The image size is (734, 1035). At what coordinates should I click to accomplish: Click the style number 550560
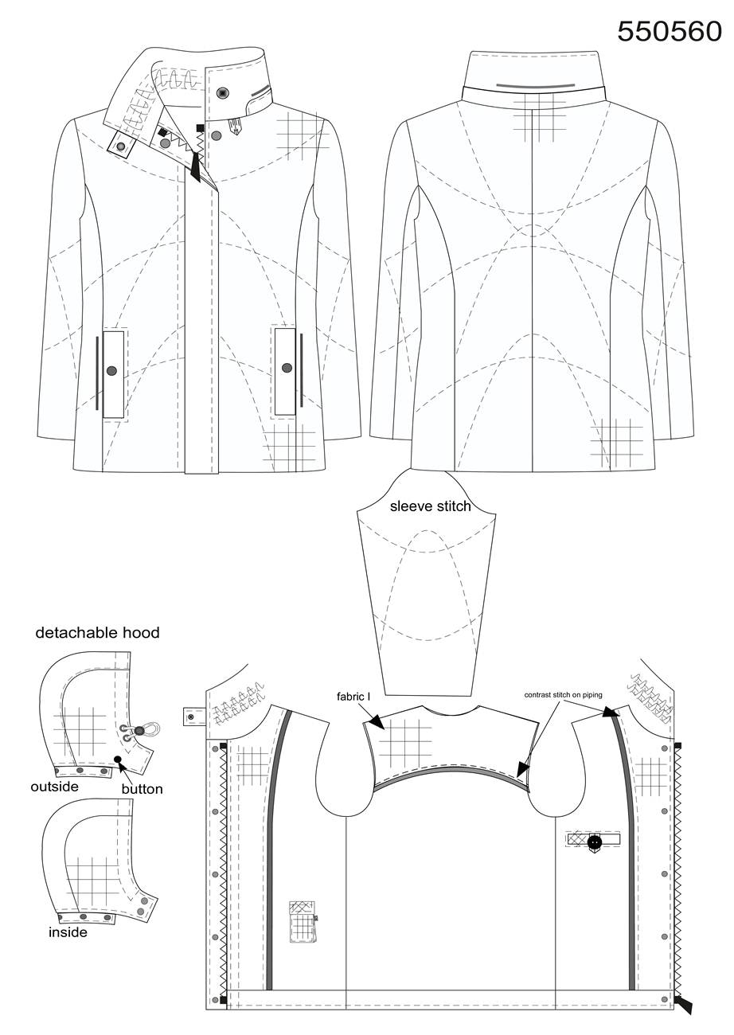[x=670, y=32]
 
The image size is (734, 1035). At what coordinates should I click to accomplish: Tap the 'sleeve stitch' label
[x=430, y=506]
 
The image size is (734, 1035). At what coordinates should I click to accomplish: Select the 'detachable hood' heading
[x=97, y=633]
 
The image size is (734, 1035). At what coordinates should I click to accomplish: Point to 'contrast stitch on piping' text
[x=563, y=694]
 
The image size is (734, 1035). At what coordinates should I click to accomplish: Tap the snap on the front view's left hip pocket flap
[x=111, y=370]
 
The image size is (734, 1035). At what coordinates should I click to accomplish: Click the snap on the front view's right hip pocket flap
[x=287, y=368]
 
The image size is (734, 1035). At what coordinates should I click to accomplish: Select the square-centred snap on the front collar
[x=223, y=93]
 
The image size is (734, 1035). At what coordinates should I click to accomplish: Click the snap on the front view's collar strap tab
[x=121, y=146]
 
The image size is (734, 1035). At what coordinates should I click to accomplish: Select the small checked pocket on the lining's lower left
[x=303, y=921]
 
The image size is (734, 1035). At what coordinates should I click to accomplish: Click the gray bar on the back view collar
[x=535, y=86]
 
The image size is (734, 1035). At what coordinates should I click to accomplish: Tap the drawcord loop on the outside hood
[x=149, y=729]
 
